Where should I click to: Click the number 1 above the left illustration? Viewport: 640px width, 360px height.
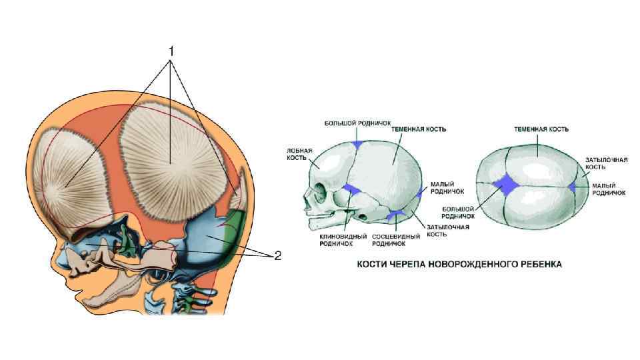[x=171, y=50]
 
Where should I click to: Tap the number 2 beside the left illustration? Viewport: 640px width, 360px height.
[x=278, y=255]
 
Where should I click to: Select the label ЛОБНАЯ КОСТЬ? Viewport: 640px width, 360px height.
[x=298, y=154]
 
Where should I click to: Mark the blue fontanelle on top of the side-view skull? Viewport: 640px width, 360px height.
[x=357, y=145]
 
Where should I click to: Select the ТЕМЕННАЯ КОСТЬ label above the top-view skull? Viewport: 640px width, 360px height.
[x=541, y=128]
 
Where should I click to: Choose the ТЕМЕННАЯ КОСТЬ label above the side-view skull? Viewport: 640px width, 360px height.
[x=419, y=129]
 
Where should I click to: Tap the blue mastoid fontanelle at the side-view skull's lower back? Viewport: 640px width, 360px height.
[x=396, y=214]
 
